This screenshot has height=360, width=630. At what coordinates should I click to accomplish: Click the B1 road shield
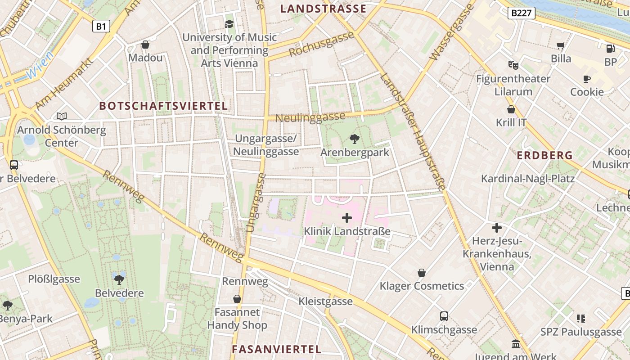(x=101, y=27)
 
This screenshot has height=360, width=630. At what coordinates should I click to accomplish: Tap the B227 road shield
(x=522, y=13)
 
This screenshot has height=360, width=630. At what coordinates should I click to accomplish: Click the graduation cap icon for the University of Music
(x=229, y=24)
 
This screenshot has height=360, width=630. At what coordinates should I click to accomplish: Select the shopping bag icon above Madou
(x=145, y=45)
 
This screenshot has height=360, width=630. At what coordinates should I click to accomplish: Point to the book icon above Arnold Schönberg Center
(x=62, y=117)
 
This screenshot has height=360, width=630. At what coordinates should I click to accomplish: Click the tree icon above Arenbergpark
(x=355, y=139)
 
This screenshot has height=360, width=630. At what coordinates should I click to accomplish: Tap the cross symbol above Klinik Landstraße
(x=347, y=218)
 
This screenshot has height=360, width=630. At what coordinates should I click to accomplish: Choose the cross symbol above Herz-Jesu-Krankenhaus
(x=497, y=228)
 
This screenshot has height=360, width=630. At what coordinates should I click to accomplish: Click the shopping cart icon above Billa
(x=561, y=45)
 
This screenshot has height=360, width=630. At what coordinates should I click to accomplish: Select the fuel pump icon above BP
(x=610, y=49)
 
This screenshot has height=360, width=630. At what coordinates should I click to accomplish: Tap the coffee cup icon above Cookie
(x=587, y=79)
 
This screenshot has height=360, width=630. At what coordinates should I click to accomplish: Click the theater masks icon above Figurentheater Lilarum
(x=513, y=65)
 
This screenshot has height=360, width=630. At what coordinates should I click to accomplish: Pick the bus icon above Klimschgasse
(x=444, y=316)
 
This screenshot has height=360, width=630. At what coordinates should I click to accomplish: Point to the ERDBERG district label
(x=544, y=156)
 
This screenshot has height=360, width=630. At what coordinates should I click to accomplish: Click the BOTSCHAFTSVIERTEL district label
(x=163, y=106)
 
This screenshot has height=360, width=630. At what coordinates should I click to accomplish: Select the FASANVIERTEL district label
(x=276, y=349)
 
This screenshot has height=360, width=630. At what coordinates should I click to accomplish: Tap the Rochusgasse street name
(x=321, y=45)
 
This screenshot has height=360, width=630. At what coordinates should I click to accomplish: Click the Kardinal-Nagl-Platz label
(x=528, y=179)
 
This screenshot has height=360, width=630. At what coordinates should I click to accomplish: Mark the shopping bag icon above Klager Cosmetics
(x=422, y=273)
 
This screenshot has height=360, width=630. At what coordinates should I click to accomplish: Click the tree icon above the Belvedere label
(x=119, y=279)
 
